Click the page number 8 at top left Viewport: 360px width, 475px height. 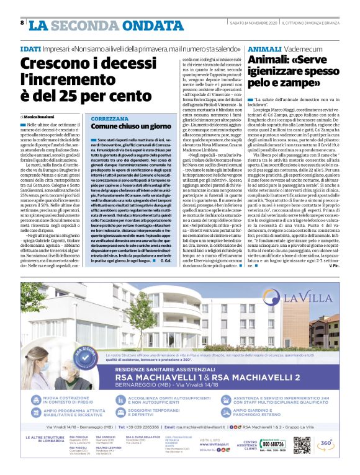click(22, 23)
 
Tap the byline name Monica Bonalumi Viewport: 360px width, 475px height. click(40, 116)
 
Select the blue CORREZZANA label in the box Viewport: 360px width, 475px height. click(110, 118)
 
